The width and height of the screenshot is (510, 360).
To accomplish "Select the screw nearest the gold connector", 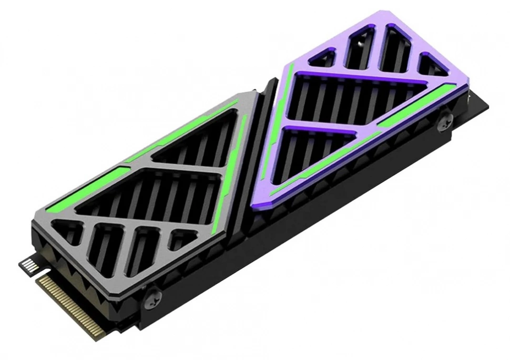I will pos(152,296).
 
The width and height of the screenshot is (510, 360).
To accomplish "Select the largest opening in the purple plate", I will pos(352,100).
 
